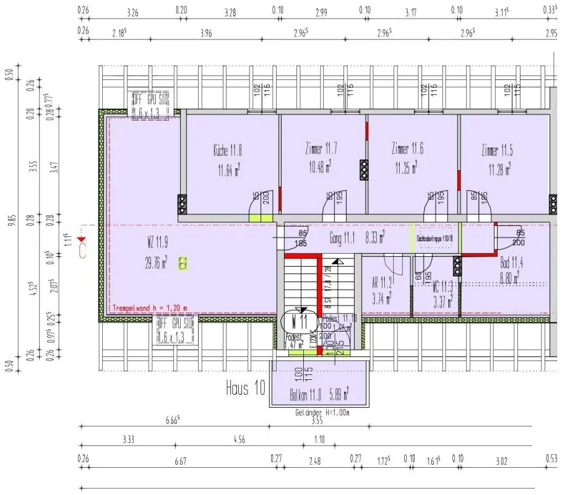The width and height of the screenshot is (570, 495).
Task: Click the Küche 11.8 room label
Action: click(x=227, y=150)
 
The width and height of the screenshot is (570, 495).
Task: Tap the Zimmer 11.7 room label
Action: click(x=321, y=150)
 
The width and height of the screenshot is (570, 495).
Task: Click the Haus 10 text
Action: click(x=246, y=389)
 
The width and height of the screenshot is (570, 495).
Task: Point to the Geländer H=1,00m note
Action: click(x=322, y=412)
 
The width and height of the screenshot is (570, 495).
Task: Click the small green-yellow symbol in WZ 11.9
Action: click(x=183, y=264)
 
